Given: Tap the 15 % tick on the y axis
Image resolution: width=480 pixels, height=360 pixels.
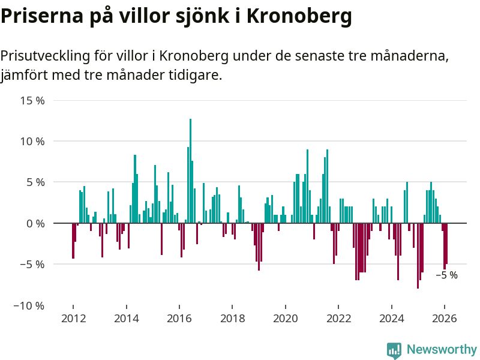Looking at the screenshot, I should click(x=32, y=100).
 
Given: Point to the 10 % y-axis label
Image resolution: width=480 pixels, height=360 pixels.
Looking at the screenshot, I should click(x=32, y=142).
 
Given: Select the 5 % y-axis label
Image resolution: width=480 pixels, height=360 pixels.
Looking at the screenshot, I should click(x=35, y=182).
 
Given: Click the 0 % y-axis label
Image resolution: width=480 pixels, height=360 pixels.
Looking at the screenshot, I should click(x=35, y=223).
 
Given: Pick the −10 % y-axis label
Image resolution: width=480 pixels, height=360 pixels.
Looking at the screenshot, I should click(x=30, y=305).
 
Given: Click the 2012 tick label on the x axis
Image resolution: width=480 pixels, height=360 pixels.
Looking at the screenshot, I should click(x=73, y=319).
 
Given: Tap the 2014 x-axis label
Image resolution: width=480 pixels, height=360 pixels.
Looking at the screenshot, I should click(x=126, y=319).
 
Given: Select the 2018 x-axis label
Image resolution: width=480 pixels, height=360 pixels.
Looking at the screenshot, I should click(x=232, y=319).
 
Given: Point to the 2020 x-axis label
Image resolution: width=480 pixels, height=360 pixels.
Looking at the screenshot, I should click(x=286, y=319).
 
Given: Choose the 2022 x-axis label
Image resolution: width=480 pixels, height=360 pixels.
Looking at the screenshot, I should click(x=338, y=319).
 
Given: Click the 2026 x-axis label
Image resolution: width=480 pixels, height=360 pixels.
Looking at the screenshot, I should click(x=445, y=319).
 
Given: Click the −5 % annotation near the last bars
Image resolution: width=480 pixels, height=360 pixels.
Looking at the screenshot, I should click(x=446, y=275).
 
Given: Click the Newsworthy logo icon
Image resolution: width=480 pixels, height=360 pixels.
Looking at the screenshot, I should click(x=394, y=350).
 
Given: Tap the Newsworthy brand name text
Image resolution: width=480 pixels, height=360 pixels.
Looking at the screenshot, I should click(x=442, y=349).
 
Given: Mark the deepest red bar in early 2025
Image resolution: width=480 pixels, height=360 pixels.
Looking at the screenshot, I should click(x=418, y=256).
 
